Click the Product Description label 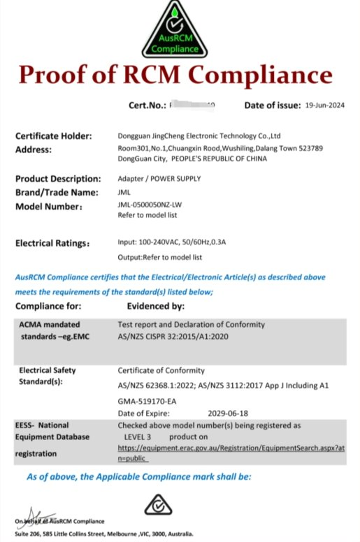pos(57,178)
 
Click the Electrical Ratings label pos(52,243)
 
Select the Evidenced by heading pos(155,306)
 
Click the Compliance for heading pos(48,306)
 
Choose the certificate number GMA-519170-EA pos(147,401)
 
